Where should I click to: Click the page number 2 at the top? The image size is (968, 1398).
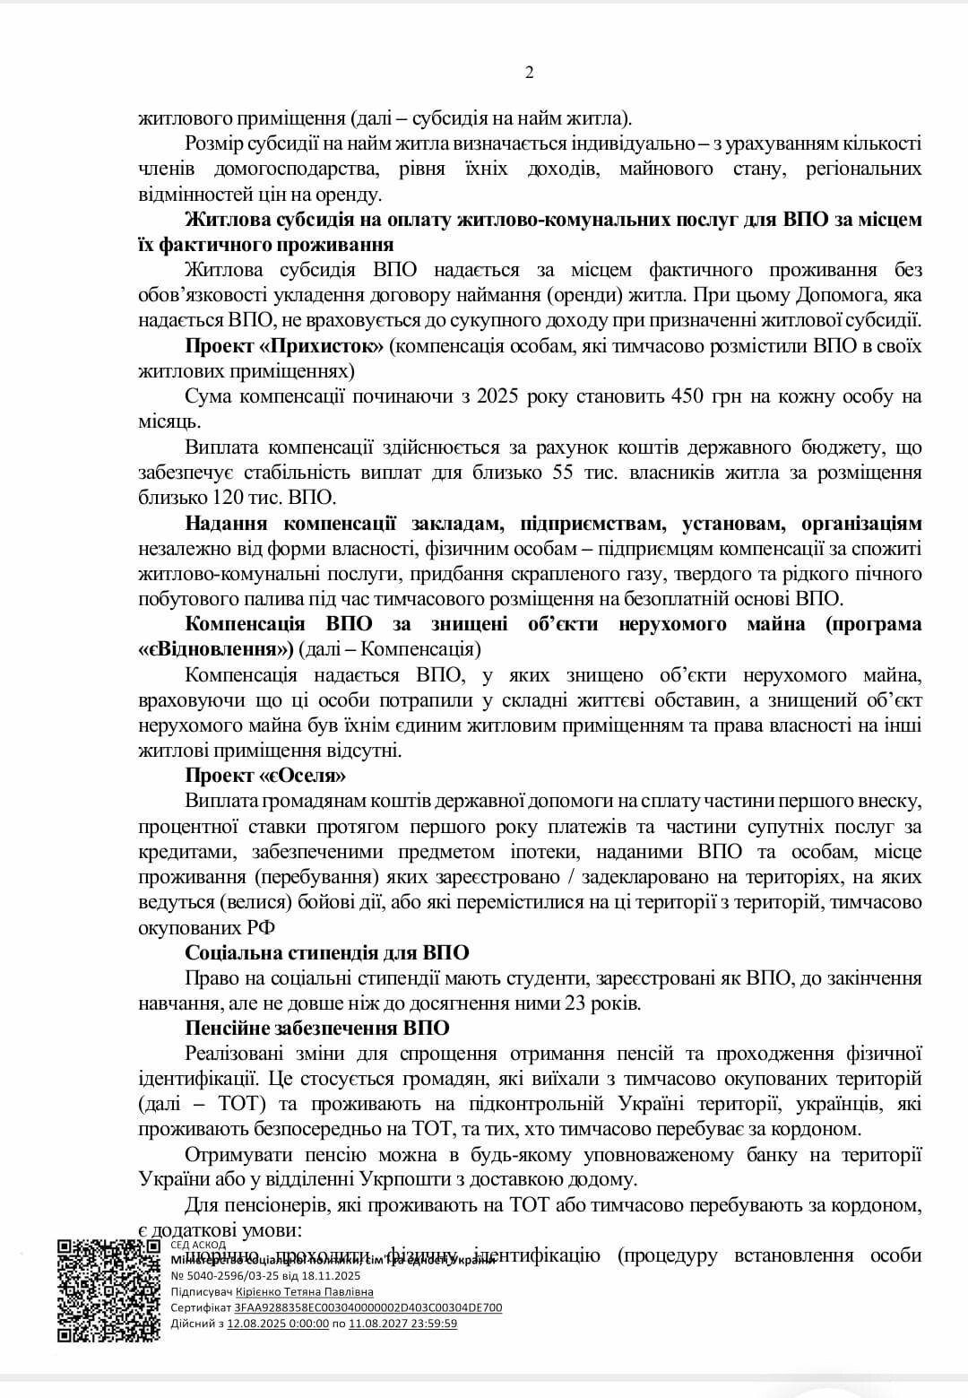click(x=529, y=74)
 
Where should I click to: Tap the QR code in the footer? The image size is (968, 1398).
click(x=108, y=1290)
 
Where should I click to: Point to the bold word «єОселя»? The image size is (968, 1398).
click(x=302, y=775)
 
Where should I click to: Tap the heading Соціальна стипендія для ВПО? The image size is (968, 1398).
click(x=326, y=952)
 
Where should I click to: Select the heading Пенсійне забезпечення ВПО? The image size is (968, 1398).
click(x=317, y=1028)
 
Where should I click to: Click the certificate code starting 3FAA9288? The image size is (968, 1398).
click(x=367, y=1307)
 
